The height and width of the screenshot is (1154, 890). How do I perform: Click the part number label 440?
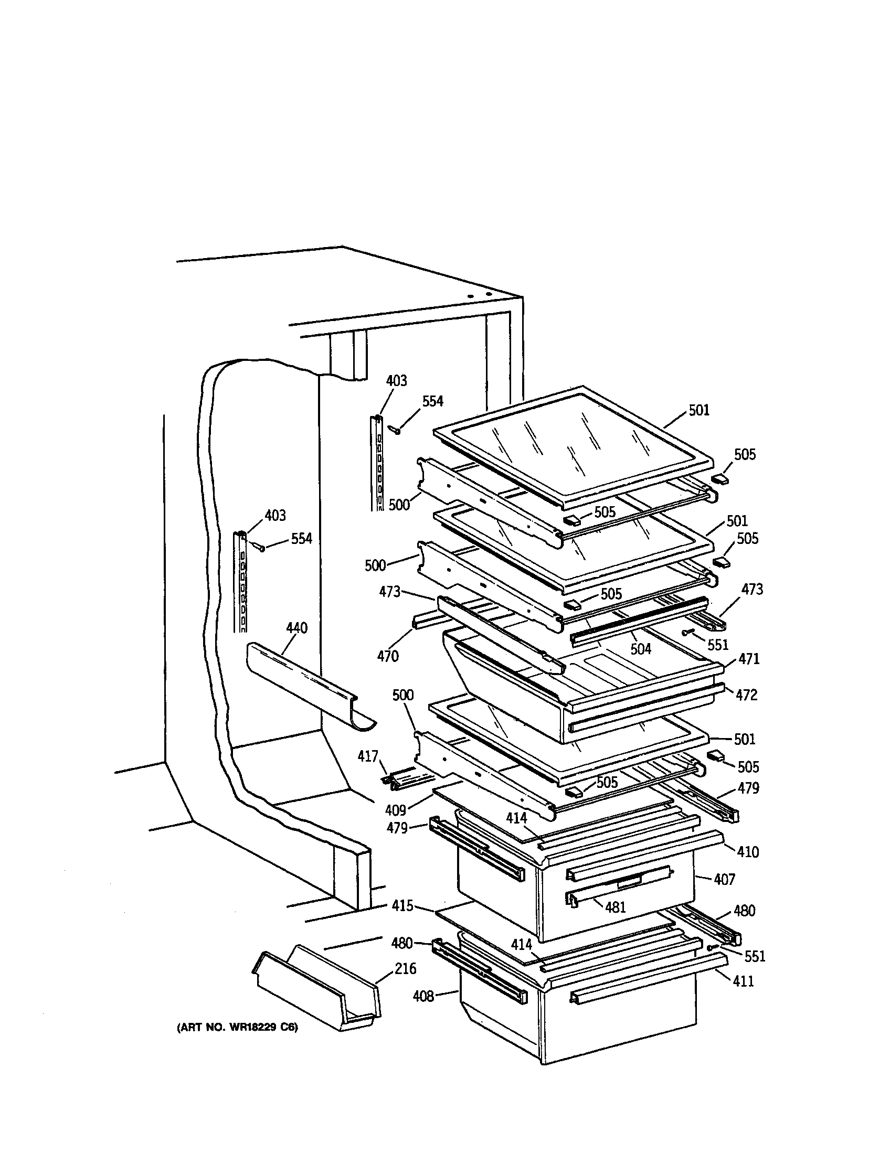(x=296, y=628)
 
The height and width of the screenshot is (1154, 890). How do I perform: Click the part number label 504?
(x=641, y=649)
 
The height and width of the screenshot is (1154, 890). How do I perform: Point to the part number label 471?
(x=749, y=659)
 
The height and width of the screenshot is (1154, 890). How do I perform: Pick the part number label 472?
(x=746, y=695)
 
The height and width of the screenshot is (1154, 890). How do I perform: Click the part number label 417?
(x=368, y=756)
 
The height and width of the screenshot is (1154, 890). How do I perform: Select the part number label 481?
(x=615, y=907)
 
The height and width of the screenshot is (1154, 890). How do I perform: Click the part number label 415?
(x=402, y=905)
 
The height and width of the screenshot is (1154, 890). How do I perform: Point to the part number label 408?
(x=423, y=996)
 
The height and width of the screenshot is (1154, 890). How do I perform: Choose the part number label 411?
(x=743, y=981)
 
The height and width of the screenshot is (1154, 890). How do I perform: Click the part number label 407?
(x=725, y=879)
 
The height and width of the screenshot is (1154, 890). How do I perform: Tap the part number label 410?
(x=747, y=852)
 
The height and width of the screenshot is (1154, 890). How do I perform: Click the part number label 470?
(x=388, y=656)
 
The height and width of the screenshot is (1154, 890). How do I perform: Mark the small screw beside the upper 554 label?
(x=396, y=430)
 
